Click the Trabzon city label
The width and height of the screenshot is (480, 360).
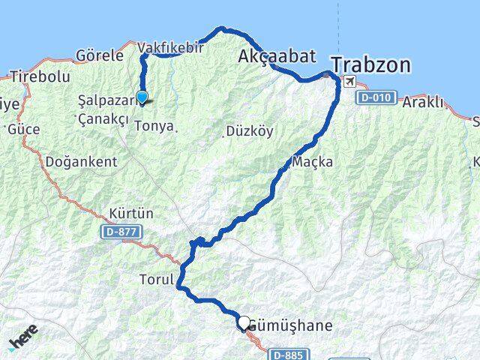tap(370, 65)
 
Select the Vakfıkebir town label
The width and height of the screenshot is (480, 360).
tap(171, 48)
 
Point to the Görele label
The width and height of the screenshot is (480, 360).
tap(99, 55)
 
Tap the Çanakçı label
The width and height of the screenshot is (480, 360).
tap(103, 119)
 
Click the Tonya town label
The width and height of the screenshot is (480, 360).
tap(153, 126)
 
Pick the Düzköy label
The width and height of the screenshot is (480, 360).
tap(249, 131)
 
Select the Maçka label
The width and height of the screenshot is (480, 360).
tap(313, 162)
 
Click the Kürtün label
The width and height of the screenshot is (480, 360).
tap(131, 214)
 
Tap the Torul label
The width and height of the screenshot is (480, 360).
tap(156, 280)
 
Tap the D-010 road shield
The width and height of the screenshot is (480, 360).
tap(373, 98)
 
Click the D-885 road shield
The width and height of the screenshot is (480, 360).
tap(289, 354)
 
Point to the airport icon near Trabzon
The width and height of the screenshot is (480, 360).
tap(349, 81)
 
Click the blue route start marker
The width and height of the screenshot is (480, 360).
tap(141, 96)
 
